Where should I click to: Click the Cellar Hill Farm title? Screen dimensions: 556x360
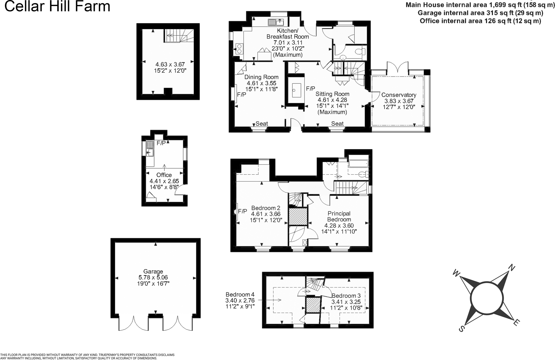coord(57,6)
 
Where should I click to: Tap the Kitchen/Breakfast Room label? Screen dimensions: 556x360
coord(288,34)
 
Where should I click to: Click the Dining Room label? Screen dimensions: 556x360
coord(262,77)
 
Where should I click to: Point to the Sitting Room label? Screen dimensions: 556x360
coord(332,94)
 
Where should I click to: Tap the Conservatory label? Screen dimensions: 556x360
coord(399,95)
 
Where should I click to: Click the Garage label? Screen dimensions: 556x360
coord(153,272)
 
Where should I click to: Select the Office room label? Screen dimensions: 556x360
coord(164,175)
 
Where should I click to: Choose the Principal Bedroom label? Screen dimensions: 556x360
coord(339,217)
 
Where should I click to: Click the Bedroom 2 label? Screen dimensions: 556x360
coord(266,208)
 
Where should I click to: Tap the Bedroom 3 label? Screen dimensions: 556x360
coord(346,296)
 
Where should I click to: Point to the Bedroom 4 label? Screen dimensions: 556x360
coord(240,295)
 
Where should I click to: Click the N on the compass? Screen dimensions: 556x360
coord(512,267)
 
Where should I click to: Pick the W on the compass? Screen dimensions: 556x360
coord(456,273)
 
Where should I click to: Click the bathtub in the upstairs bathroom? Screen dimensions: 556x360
coord(359,164)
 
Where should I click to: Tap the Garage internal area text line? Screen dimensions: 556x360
coord(480,13)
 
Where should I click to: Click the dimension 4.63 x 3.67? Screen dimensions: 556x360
coord(170,64)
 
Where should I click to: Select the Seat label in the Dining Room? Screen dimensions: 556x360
coord(262,124)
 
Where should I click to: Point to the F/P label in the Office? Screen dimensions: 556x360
coord(161,143)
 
